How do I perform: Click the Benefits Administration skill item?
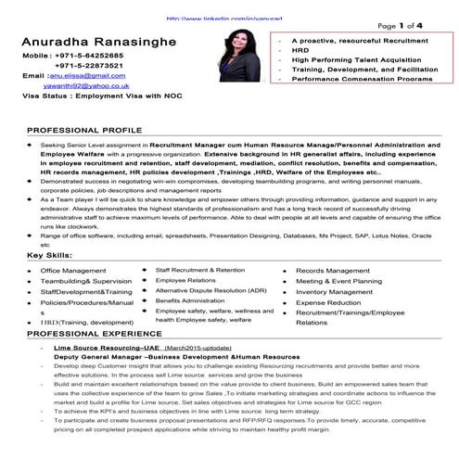192,300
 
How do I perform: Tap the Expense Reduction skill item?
328,302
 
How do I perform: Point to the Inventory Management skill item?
334,291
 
